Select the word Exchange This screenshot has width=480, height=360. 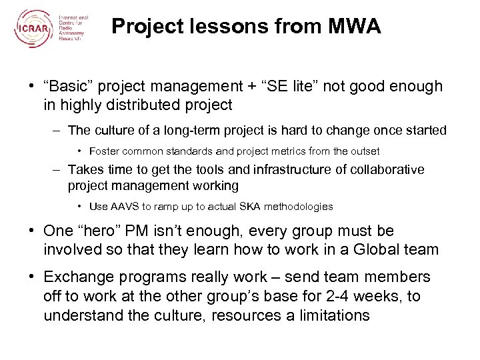pyautogui.click(x=75, y=277)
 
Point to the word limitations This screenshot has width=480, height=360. pyautogui.click(x=325, y=314)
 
